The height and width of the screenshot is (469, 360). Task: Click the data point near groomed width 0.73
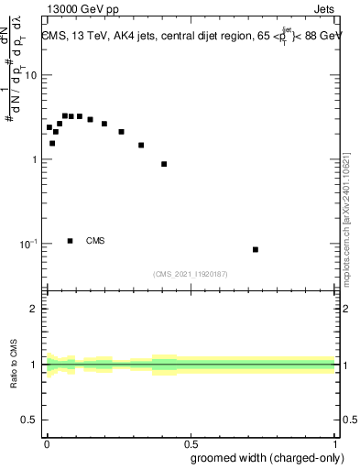[x=256, y=249]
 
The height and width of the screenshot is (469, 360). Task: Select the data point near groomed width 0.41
[x=164, y=164]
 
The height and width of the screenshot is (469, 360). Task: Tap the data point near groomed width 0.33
[x=141, y=145]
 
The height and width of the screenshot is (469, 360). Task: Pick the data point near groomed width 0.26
[x=121, y=132]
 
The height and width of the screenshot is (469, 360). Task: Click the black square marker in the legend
[x=71, y=241]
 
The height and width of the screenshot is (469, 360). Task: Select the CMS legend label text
[x=95, y=241]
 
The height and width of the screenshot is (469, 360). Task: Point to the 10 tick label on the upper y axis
[x=31, y=75]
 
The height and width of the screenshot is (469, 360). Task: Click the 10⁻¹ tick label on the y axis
[x=28, y=245]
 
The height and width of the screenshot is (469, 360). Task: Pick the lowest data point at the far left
[x=52, y=143]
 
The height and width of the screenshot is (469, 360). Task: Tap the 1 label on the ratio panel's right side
[x=344, y=365]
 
